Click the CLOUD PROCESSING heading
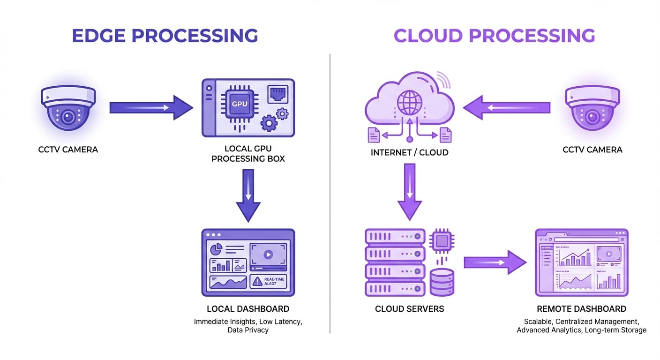pos(494,36)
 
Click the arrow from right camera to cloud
pos(506,108)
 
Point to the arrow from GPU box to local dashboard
pos(248,195)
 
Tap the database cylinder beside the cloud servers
pos(442,282)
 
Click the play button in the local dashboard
pos(268,255)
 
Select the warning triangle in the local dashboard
pos(257,281)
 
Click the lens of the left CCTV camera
pos(68,117)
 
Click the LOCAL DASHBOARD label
pos(248,309)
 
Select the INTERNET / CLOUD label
pos(409,152)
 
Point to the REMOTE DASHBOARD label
pos(581,309)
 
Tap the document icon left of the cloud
pos(374,135)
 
